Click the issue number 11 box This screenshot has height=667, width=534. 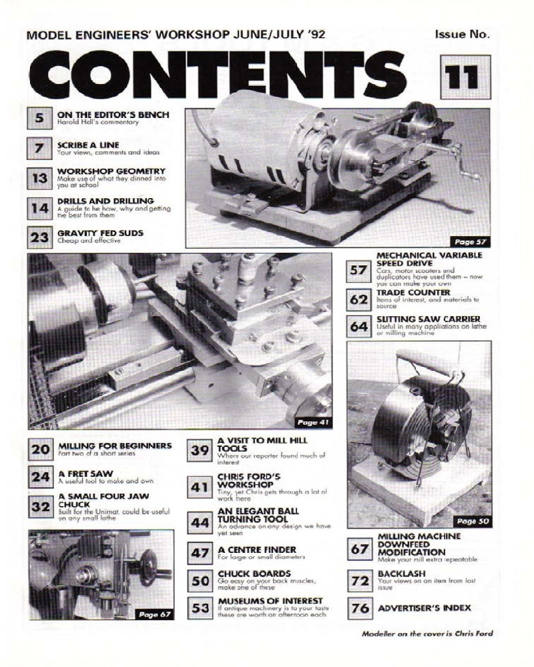point(465,79)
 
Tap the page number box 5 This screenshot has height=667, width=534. point(39,119)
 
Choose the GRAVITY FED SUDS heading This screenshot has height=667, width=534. point(100,233)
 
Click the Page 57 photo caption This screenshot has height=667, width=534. point(471,240)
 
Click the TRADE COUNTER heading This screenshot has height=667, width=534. point(413,292)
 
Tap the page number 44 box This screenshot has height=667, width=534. point(200,523)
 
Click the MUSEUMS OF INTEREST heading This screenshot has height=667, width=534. point(270,601)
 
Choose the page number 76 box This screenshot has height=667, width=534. point(359,608)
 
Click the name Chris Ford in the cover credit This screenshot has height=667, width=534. point(473,634)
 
